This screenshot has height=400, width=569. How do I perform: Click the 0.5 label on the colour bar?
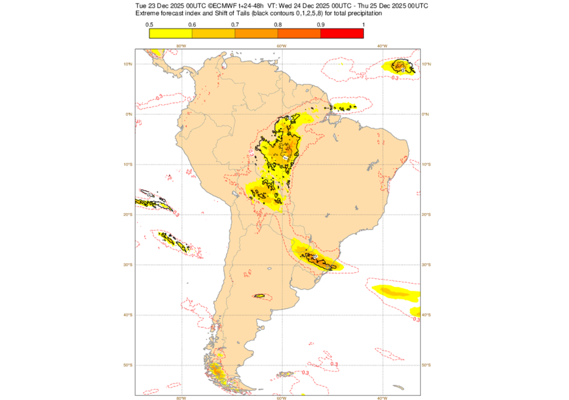click(x=150, y=24)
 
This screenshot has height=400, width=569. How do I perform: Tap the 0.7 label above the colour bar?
click(x=235, y=24)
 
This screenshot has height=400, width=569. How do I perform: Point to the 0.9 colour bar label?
click(x=321, y=24)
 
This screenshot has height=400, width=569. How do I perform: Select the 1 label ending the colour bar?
click(x=363, y=24)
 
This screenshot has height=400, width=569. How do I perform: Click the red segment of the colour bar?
click(x=342, y=33)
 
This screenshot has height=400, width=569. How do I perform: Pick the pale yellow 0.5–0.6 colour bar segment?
click(x=171, y=33)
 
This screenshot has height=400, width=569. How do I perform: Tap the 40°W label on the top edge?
click(x=381, y=46)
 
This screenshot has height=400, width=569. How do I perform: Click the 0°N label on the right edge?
click(x=426, y=114)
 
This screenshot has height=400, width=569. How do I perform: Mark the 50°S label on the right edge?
click(x=427, y=365)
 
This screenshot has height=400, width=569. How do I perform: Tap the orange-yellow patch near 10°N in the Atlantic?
click(x=402, y=66)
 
